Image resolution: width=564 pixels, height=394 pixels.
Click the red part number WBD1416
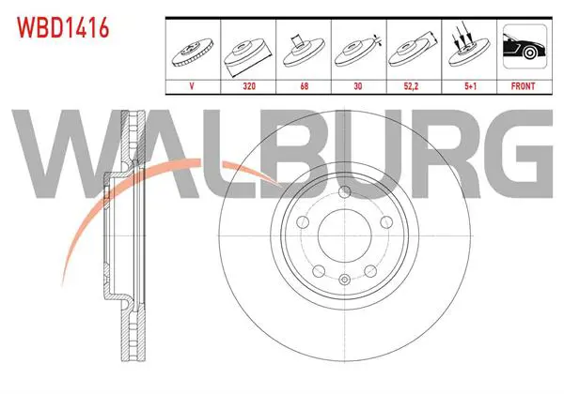coord(63,27)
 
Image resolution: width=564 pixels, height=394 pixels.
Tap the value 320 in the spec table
coord(249,86)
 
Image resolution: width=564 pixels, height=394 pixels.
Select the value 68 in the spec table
coord(304,86)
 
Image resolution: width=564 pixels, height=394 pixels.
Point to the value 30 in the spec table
coord(358,86)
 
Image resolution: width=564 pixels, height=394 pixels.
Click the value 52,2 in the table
coord(411,86)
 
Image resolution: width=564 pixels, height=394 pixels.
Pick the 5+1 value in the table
coord(470,86)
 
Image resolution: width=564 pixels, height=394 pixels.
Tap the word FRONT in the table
coord(523,86)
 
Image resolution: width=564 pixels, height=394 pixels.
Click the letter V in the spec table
coord(192,86)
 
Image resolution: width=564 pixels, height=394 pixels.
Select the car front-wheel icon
coord(525,46)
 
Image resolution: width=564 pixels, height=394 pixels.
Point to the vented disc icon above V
coord(193,52)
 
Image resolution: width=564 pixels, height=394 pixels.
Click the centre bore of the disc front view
coord(345,235)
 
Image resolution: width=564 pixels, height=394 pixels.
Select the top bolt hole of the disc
coord(345,191)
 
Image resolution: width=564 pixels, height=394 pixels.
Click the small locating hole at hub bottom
coord(345,280)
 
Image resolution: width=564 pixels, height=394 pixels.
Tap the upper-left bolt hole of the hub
coord(303,222)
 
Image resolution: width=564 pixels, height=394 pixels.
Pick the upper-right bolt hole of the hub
coord(386,222)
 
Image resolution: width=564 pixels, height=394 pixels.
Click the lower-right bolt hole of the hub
coord(370,271)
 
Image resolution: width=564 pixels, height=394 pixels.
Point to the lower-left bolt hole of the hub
coord(319,271)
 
